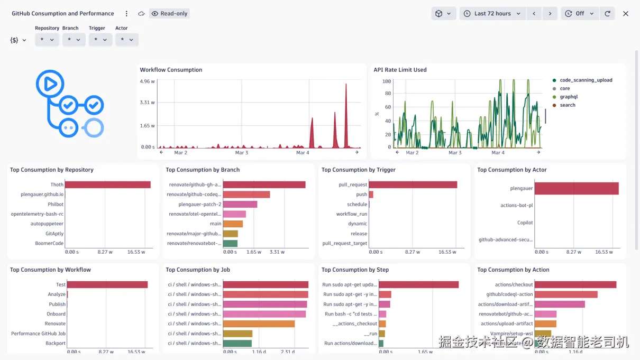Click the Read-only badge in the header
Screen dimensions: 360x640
tap(169, 14)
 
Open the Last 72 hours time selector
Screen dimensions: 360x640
tap(492, 14)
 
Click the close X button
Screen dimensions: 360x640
tap(626, 14)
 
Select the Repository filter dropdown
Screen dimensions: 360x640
tap(47, 40)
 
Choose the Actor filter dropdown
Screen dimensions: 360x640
tap(126, 40)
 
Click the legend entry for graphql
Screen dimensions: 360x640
tap(569, 97)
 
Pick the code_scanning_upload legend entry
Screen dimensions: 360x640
tap(586, 80)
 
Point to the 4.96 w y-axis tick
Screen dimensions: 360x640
tap(148, 81)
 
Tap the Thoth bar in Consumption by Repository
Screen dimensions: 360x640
tap(107, 184)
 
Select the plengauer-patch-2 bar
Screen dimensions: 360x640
tap(240, 205)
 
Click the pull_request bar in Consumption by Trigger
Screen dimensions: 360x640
tap(413, 184)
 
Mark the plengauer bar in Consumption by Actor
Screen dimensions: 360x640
tap(577, 188)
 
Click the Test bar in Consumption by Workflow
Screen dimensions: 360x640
tap(107, 284)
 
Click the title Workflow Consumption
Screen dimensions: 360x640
tap(171, 70)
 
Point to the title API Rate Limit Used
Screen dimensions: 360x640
tap(400, 70)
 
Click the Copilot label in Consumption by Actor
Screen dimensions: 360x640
tap(525, 223)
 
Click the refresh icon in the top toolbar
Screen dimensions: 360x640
tap(607, 14)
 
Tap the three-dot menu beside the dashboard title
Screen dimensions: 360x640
tap(126, 14)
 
